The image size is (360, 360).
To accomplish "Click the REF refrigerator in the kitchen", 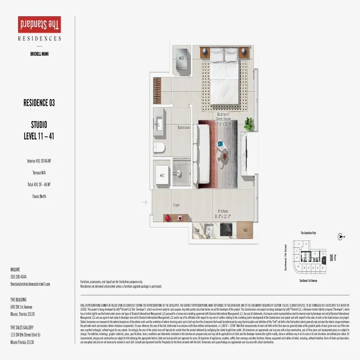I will pos(246,230).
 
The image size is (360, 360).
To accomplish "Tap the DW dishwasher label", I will pos(197,230).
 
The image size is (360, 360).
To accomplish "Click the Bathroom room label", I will pos(184,127).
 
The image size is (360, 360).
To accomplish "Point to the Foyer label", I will pos(177,205).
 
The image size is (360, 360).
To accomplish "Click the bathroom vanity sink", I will pos(161,121).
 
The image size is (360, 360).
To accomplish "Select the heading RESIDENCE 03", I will pos(39,103).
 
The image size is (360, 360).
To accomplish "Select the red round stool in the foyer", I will pos(167,218).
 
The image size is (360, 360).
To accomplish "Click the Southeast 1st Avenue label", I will pos(308,280).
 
